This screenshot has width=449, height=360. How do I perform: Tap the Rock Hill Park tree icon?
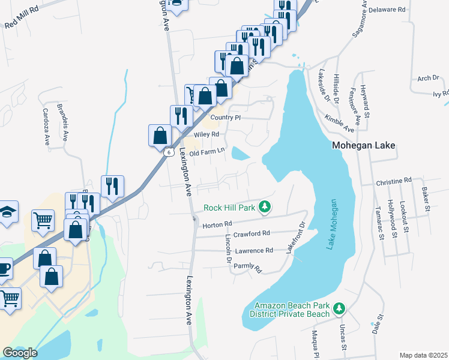click(x=264, y=208)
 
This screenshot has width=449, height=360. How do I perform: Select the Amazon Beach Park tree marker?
click(x=340, y=308)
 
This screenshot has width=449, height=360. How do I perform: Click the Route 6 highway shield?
click(x=169, y=152)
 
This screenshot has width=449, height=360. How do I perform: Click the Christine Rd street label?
click(x=394, y=180)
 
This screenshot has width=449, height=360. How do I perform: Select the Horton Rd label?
click(x=217, y=224)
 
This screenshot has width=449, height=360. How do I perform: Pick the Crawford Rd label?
click(x=252, y=233)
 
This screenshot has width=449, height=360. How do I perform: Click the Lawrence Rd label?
click(x=254, y=250)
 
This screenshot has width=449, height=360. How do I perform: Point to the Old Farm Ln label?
click(x=206, y=154)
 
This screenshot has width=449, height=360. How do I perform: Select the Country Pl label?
click(x=225, y=118)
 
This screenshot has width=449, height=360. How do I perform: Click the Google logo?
click(x=20, y=353)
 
